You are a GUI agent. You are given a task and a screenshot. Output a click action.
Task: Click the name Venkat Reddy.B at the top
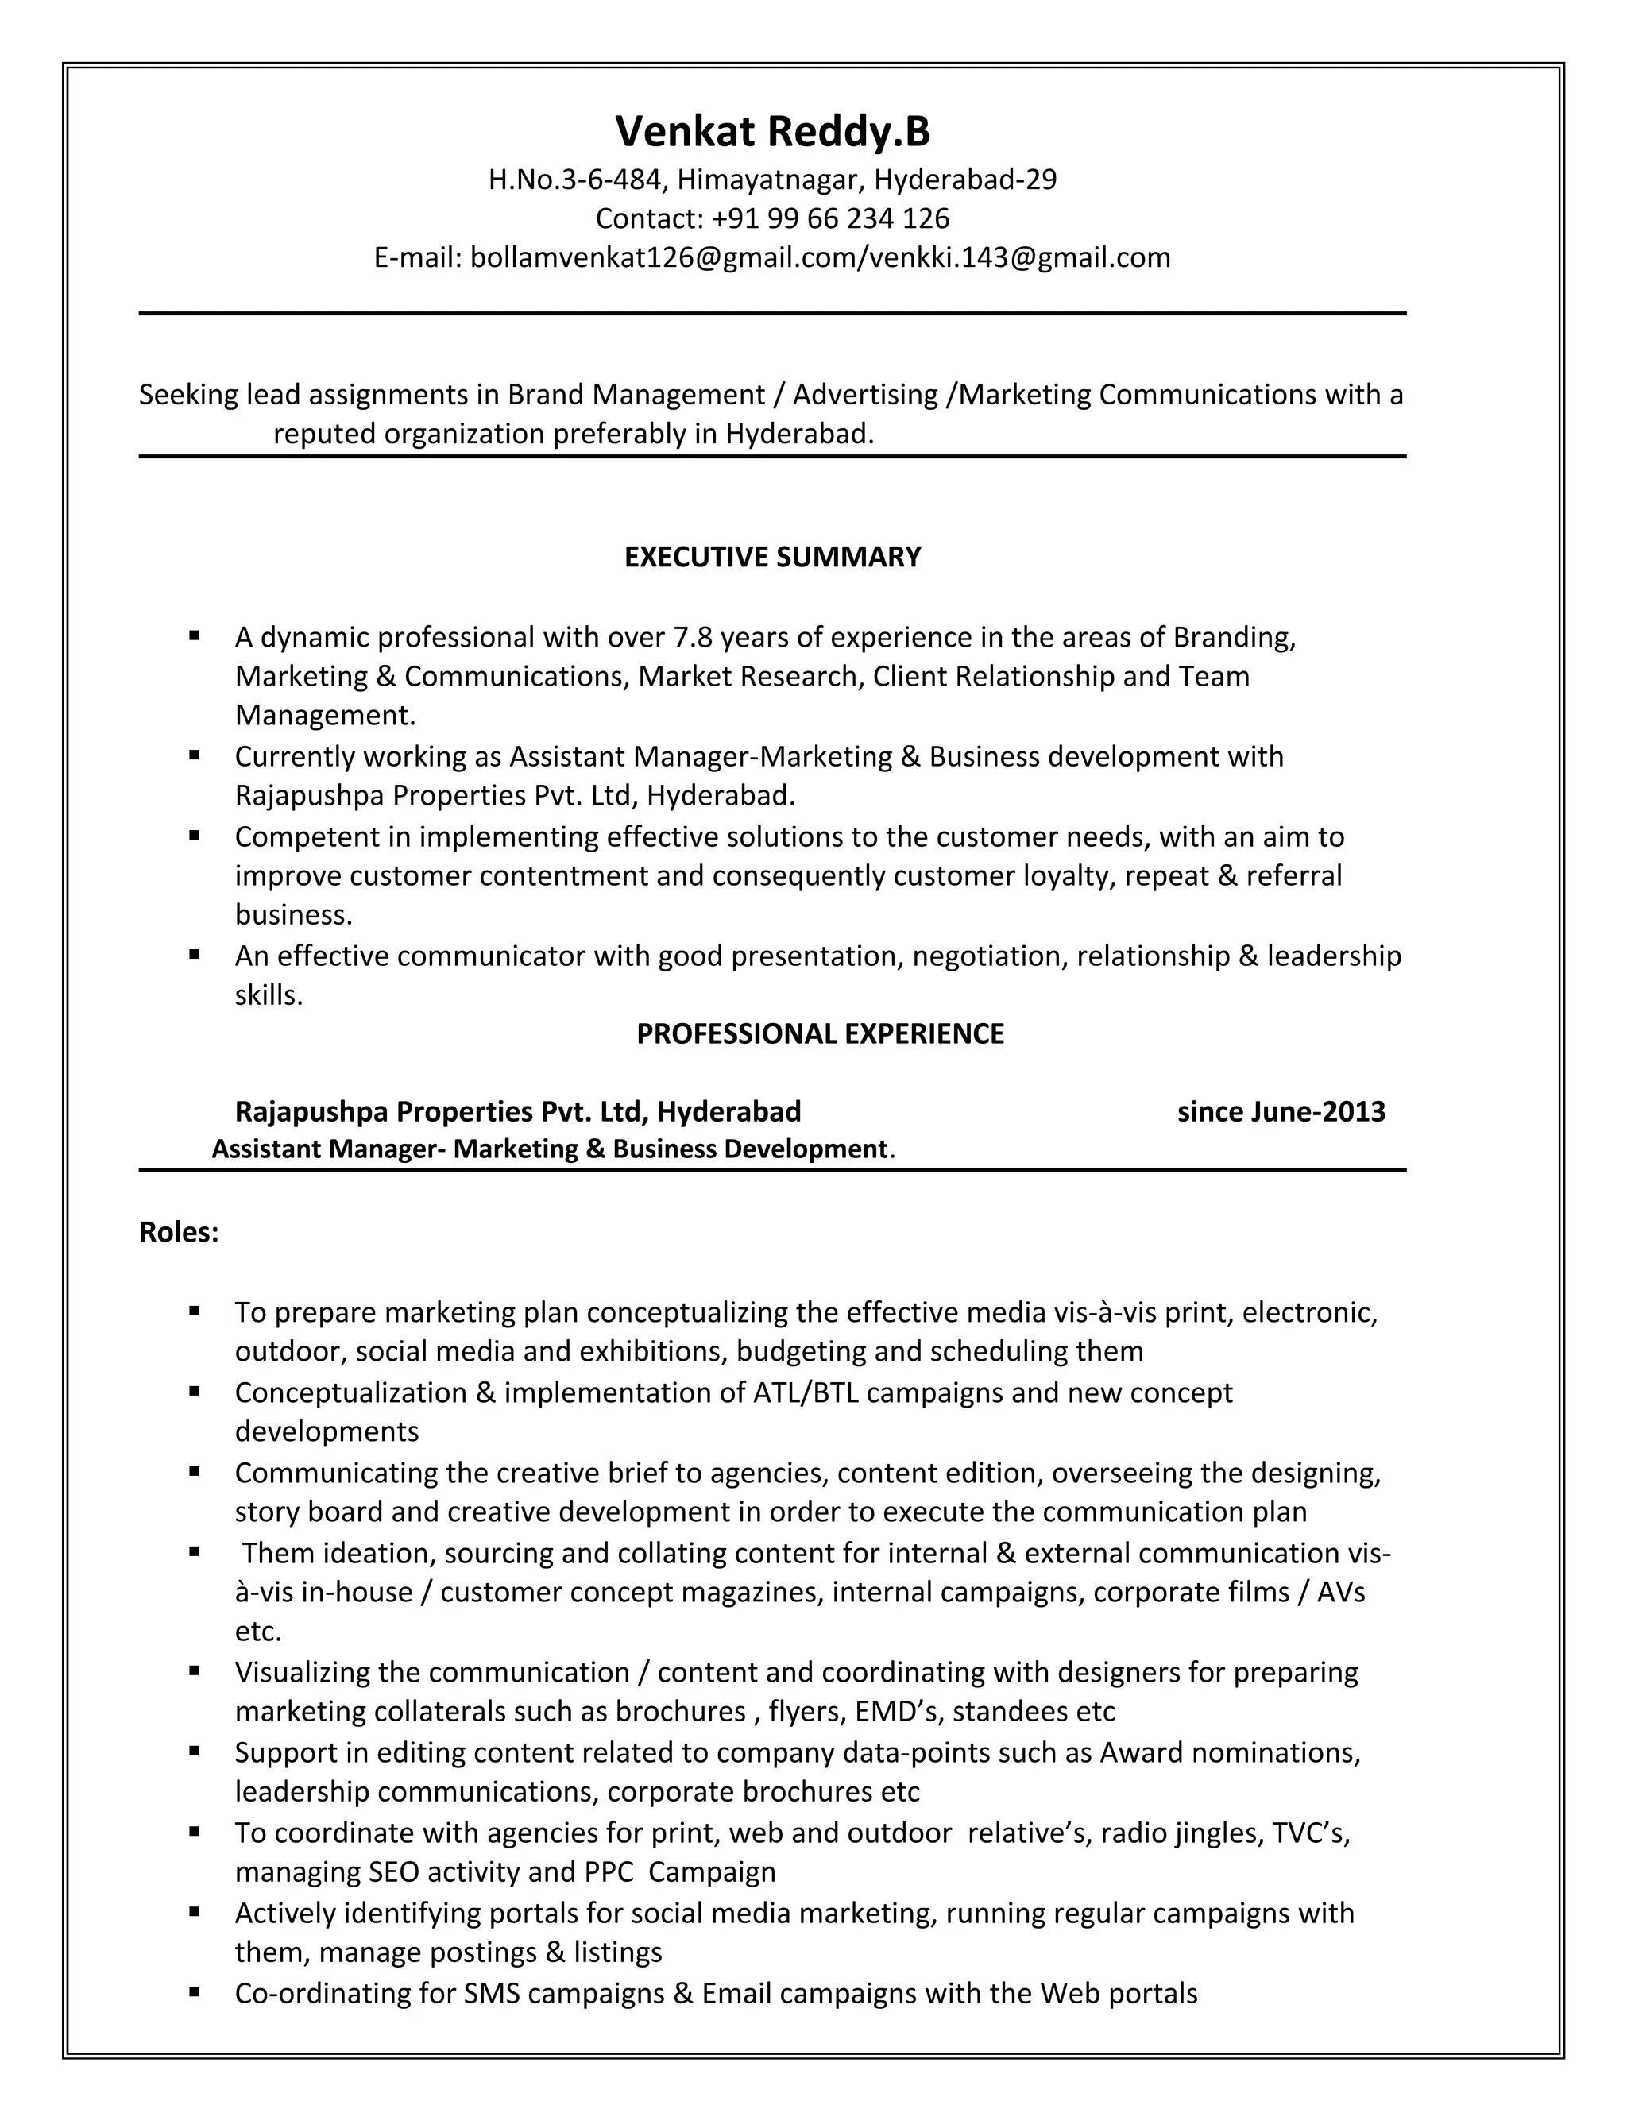click(x=772, y=131)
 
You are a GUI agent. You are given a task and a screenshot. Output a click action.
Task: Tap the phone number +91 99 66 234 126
click(x=830, y=218)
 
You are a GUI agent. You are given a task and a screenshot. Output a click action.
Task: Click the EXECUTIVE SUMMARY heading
click(x=772, y=557)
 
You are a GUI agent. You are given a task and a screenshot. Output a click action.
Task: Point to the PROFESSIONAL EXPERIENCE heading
click(x=819, y=1033)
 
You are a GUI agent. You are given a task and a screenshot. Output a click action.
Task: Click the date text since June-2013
click(x=1280, y=1111)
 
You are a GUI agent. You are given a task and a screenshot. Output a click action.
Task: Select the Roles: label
click(x=180, y=1232)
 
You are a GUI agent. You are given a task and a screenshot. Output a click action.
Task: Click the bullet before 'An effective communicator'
click(x=195, y=954)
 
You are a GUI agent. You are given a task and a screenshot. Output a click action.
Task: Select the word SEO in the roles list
click(x=393, y=1871)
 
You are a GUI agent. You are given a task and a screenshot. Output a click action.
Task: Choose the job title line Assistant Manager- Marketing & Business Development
click(x=550, y=1149)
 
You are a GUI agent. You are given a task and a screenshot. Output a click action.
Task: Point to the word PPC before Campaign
click(x=609, y=1871)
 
